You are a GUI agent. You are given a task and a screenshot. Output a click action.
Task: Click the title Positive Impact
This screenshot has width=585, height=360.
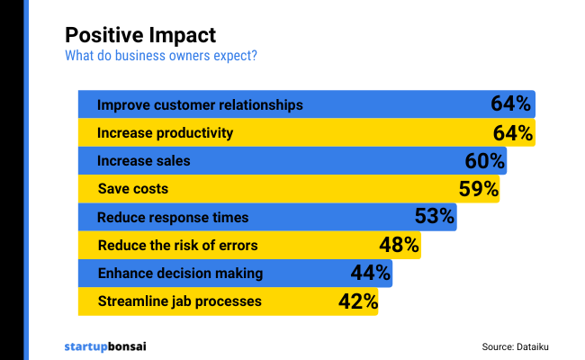coord(140,35)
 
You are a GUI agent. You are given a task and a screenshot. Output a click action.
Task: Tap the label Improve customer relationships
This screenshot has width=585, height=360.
coord(200,104)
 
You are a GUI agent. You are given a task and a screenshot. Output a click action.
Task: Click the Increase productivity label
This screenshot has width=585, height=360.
coord(165,133)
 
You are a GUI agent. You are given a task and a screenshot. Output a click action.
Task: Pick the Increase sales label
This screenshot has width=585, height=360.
coord(144,161)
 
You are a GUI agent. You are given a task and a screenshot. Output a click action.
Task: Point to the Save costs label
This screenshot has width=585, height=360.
coord(132,189)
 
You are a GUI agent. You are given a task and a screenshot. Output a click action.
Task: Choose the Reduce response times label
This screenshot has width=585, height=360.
coord(173,217)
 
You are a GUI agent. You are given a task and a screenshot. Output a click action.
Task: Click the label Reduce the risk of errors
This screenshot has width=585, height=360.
coord(177,245)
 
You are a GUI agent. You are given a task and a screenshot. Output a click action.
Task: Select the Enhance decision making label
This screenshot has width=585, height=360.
coord(180,273)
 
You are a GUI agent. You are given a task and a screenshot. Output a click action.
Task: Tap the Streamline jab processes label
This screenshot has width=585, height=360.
coord(179,301)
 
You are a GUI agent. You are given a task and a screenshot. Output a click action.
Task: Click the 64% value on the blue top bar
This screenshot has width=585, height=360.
coord(510,104)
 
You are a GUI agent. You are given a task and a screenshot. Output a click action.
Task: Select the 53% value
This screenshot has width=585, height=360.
coord(434,217)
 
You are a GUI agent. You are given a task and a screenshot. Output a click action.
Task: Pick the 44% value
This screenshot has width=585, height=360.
coord(369,273)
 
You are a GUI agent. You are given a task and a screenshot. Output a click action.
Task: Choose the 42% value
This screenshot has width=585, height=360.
coord(356,301)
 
